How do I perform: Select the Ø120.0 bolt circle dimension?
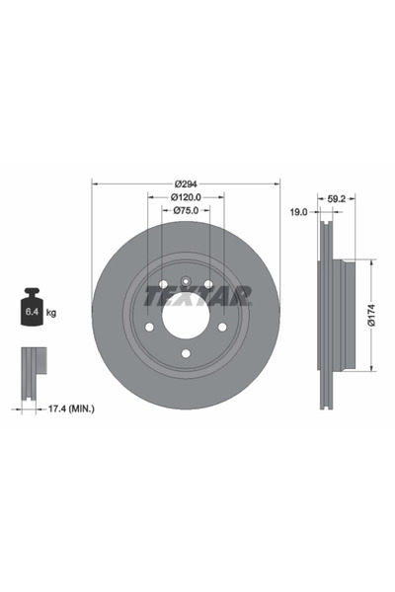point(185,197)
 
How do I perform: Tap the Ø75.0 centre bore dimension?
point(185,211)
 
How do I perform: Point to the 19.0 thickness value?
point(298,211)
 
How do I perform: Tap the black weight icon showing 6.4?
point(31,309)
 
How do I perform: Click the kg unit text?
point(51,313)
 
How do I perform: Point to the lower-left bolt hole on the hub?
point(149,327)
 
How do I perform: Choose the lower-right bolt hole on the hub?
point(221,327)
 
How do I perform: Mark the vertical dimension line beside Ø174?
point(374,315)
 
